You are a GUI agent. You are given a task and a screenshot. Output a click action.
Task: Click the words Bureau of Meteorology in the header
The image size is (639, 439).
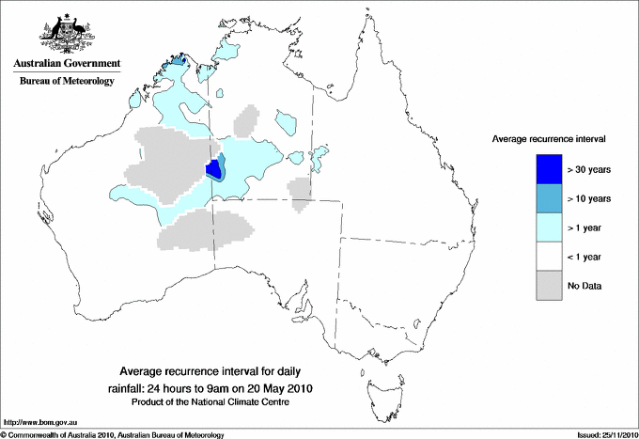(67, 81)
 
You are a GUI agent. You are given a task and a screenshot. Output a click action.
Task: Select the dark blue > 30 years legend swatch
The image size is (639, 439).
(549, 168)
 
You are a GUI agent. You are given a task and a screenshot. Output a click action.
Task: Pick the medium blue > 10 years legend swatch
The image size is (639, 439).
(549, 197)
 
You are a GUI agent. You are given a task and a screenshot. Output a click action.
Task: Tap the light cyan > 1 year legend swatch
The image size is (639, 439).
(549, 227)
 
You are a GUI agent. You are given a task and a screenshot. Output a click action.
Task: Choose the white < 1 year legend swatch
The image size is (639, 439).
(549, 256)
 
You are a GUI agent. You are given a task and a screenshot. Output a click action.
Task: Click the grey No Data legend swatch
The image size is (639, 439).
(549, 285)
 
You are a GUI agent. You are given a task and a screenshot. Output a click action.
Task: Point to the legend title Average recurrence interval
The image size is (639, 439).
(548, 138)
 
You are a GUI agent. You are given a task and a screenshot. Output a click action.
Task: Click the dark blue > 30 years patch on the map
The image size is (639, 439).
(213, 169)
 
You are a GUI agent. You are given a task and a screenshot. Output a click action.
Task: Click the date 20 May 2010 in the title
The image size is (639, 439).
(279, 387)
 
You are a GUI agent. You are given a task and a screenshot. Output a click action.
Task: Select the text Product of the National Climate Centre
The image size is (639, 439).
(211, 402)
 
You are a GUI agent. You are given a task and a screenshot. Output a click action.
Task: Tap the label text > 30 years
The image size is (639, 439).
(590, 169)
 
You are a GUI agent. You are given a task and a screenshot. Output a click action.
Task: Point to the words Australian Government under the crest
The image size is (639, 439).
(67, 64)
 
